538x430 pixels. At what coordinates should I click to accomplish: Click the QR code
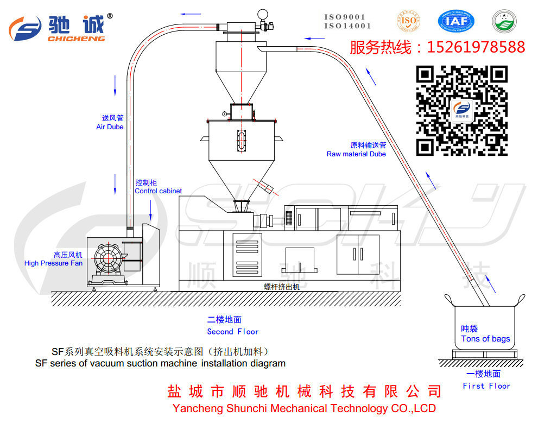point(461,110)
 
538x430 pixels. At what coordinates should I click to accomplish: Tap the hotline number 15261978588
point(476,47)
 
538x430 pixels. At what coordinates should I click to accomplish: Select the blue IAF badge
point(456,21)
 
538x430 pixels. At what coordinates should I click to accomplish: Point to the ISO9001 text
point(345,17)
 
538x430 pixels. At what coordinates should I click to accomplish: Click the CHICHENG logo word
point(76,39)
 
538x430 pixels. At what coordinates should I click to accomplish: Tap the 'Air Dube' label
point(110,127)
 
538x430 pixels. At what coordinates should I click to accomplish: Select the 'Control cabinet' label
point(158,191)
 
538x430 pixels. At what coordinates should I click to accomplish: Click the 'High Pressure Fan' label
point(53,263)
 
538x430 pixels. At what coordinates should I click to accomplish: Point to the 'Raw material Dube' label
point(356,154)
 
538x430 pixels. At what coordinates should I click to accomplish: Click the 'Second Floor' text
point(232,332)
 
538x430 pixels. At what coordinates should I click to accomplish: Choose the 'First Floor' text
point(486,386)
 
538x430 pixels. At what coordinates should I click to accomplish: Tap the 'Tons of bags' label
point(485,339)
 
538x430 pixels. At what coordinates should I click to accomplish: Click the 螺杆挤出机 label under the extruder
point(282,286)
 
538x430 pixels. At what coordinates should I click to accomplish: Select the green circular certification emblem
point(504,21)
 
